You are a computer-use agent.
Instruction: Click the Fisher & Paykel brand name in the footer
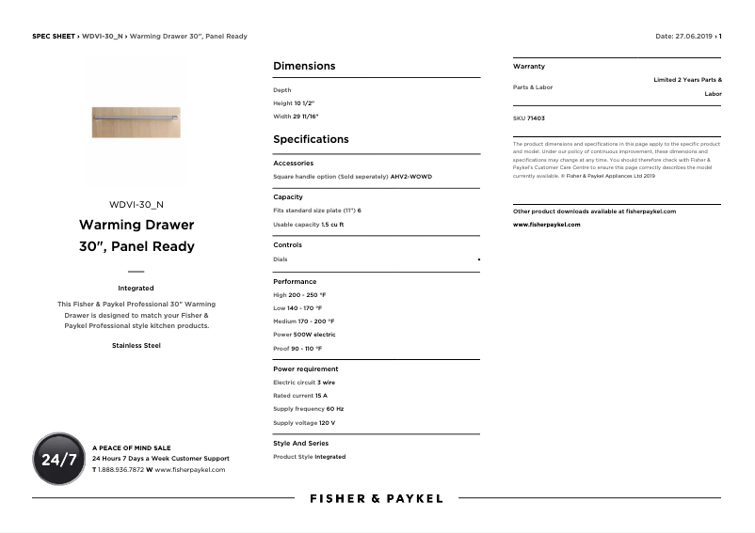[377, 498]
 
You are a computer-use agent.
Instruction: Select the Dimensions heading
[304, 66]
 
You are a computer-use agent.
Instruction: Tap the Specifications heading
[311, 139]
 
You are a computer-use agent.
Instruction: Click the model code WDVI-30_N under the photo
[137, 204]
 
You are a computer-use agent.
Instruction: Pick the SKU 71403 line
[528, 118]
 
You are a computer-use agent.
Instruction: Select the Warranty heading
[528, 67]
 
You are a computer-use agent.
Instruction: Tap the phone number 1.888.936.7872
[121, 469]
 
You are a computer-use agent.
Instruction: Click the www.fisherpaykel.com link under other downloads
[546, 225]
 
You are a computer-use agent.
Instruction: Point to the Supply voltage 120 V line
[304, 423]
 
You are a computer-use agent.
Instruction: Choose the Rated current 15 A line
[300, 396]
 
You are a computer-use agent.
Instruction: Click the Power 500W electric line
[304, 335]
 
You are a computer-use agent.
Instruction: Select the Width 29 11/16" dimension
[296, 117]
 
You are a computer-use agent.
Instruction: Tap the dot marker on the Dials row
[478, 259]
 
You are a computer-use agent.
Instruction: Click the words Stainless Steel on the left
[137, 345]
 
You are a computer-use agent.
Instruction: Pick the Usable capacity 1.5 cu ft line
[308, 225]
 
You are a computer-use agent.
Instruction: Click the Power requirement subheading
[305, 369]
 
